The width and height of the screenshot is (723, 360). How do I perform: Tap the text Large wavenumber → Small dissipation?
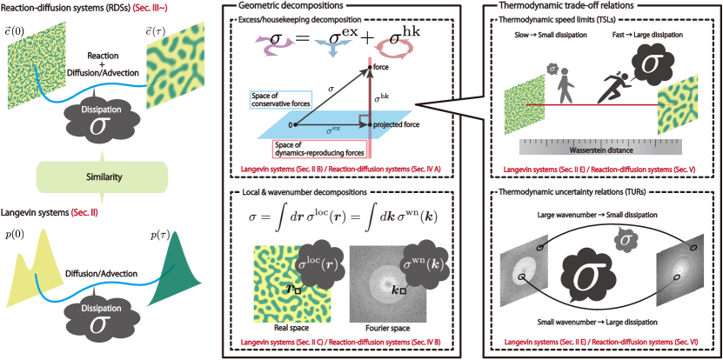click(x=598, y=214)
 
